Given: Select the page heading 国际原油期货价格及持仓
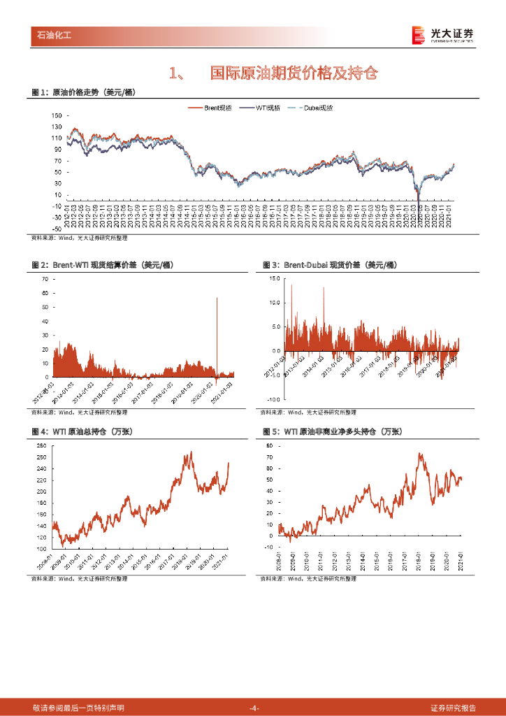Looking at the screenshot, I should [294, 73].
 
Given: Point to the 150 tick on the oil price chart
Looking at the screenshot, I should [57, 116].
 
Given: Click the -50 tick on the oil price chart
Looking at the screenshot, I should [57, 229].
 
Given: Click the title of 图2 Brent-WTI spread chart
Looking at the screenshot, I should [103, 265].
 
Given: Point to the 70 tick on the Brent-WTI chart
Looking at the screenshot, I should [45, 278].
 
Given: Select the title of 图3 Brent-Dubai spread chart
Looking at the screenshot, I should [329, 265].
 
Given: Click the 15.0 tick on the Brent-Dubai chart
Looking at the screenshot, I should [275, 278].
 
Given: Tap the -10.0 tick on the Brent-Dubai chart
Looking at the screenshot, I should [274, 398].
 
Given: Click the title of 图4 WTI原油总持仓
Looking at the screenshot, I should [82, 432].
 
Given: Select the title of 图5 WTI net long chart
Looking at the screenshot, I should [329, 432].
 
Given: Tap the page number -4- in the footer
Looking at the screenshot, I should [254, 708].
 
